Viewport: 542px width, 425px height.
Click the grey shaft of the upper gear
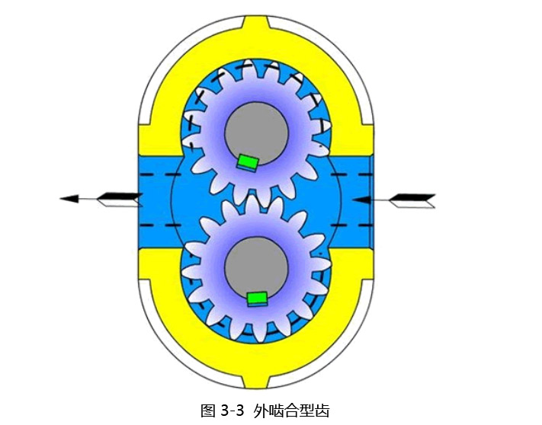(256, 133)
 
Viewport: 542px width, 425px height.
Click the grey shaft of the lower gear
(256, 269)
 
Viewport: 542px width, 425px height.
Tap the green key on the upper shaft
(248, 162)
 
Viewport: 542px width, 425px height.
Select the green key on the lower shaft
(258, 299)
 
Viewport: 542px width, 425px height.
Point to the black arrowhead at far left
(69, 199)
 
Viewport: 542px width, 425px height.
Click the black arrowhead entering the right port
(361, 200)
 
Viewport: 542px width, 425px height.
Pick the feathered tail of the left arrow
(119, 200)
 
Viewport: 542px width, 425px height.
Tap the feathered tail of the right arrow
(412, 201)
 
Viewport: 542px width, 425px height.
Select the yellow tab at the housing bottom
(256, 380)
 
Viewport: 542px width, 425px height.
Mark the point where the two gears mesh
(256, 201)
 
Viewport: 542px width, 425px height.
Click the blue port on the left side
(159, 202)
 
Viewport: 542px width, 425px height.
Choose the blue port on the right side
(353, 202)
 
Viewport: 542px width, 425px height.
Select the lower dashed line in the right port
(351, 225)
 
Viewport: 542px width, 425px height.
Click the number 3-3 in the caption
(232, 411)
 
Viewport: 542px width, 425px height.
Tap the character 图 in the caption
(208, 411)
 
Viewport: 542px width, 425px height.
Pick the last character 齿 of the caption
(322, 411)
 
